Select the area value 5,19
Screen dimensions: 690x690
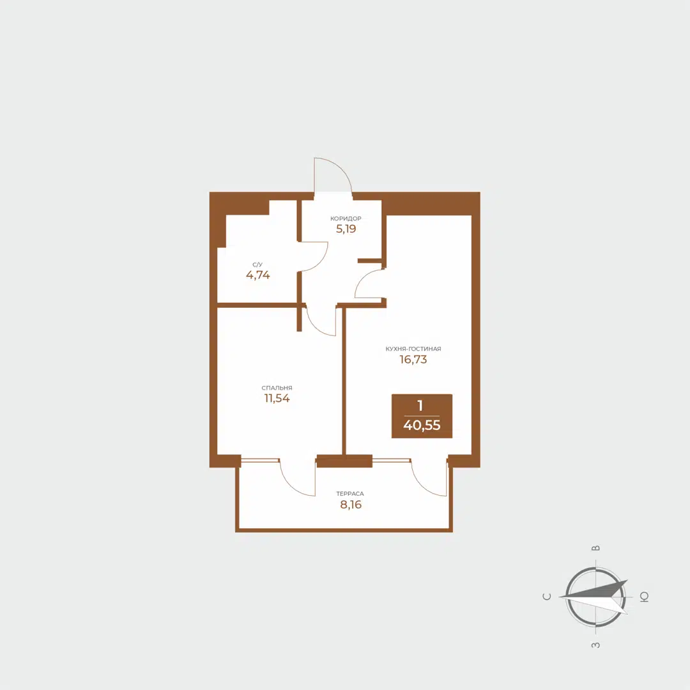pos(346,229)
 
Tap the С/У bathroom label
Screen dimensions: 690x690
pos(257,264)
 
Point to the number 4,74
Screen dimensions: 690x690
pos(258,275)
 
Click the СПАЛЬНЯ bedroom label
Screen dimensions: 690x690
pos(277,388)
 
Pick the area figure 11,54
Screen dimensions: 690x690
pos(277,399)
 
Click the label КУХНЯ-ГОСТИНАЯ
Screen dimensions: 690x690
pos(413,349)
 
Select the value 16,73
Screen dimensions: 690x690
pos(413,360)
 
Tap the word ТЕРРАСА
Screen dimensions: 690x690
pos(350,494)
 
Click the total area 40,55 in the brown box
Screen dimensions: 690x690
pos(422,425)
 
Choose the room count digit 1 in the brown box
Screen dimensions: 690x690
pos(420,406)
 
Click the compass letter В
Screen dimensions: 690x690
pos(595,548)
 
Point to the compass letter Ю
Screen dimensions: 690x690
pos(644,597)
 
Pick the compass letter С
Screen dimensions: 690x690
pos(547,597)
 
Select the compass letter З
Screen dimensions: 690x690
pos(595,645)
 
